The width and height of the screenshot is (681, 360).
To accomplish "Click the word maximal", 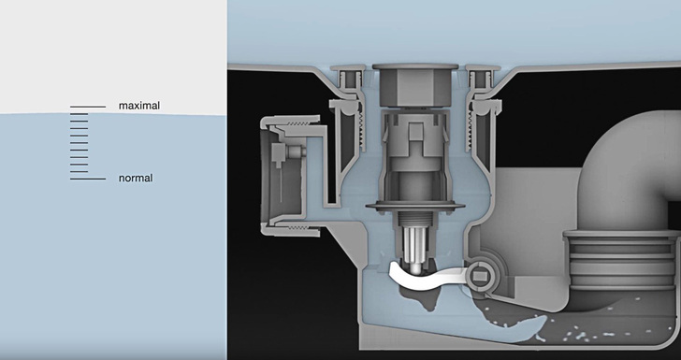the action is pos(139,106).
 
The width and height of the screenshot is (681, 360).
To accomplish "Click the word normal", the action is pos(136,178).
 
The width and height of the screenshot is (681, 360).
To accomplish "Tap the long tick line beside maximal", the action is pos(88,107).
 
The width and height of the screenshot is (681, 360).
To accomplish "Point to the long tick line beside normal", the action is pos(88,179).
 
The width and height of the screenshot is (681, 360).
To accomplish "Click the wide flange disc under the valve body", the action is pos(415,206).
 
